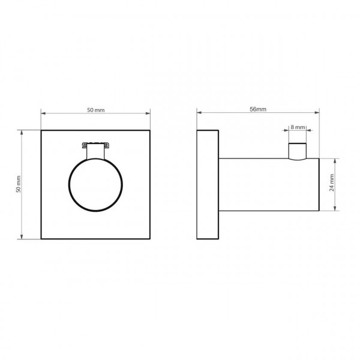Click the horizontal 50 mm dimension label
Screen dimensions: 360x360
point(96,110)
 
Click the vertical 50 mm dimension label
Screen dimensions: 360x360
point(19,184)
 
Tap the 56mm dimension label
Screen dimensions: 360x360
point(258,109)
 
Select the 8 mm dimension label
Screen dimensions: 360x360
point(298,127)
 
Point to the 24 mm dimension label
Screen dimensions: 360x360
point(332,183)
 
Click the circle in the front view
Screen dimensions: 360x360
point(68,185)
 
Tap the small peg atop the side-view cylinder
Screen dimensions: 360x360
point(298,151)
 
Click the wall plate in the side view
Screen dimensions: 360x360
point(208,185)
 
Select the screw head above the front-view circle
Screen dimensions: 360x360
point(95,145)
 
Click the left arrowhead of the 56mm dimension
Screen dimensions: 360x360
point(199,113)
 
